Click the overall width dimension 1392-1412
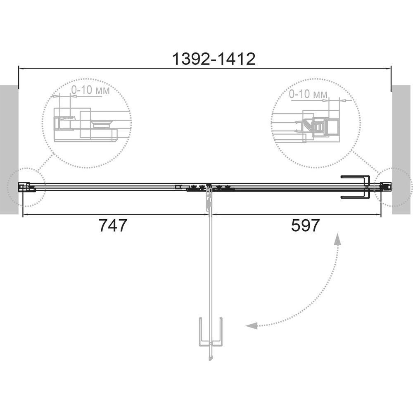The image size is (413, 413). coord(214,59)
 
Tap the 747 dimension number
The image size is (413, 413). coord(113,225)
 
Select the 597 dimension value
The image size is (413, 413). coord(305,225)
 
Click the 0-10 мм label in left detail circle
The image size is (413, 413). coord(90,90)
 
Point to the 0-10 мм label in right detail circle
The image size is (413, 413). coord(308,94)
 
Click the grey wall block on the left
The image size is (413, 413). coord(9,150)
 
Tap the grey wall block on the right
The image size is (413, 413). coord(401,150)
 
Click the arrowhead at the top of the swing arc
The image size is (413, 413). coord(337,239)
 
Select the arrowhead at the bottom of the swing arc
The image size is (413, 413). coord(252,326)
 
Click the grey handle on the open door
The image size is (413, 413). coord(211,332)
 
